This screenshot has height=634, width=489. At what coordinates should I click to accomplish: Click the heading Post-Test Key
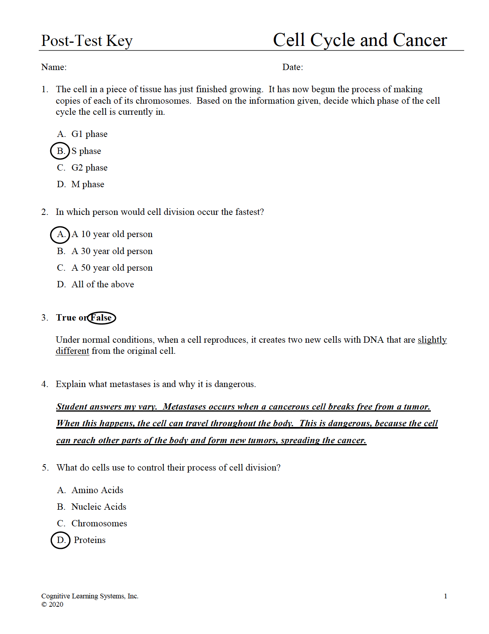pyautogui.click(x=87, y=41)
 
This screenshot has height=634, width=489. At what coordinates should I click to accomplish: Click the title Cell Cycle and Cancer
pyautogui.click(x=360, y=40)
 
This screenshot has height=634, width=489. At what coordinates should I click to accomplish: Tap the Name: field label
pyautogui.click(x=54, y=67)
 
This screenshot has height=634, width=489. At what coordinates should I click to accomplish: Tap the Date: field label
pyautogui.click(x=292, y=67)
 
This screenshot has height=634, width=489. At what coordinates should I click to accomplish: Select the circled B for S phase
pyautogui.click(x=60, y=151)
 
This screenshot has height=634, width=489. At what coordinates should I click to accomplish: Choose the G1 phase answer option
pyautogui.click(x=89, y=134)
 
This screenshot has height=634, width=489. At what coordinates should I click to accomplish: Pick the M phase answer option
pyautogui.click(x=87, y=184)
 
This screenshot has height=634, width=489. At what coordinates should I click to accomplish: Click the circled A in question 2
pyautogui.click(x=60, y=234)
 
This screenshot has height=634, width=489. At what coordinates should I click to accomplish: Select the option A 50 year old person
pyautogui.click(x=112, y=268)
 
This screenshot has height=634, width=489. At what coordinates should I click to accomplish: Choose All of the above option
pyautogui.click(x=102, y=285)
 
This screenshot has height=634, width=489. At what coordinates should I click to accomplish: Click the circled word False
pyautogui.click(x=101, y=318)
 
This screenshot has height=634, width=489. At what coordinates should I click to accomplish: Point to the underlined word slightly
pyautogui.click(x=432, y=340)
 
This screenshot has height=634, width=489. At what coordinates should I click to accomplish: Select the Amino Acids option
pyautogui.click(x=97, y=490)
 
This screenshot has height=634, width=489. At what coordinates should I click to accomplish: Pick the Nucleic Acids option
pyautogui.click(x=99, y=507)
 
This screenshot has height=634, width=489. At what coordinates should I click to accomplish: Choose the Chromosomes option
pyautogui.click(x=99, y=524)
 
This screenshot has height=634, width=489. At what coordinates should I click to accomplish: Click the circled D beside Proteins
pyautogui.click(x=61, y=540)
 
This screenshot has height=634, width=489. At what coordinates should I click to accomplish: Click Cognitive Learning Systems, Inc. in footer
pyautogui.click(x=90, y=596)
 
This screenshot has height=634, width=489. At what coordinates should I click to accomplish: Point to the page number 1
pyautogui.click(x=445, y=596)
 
